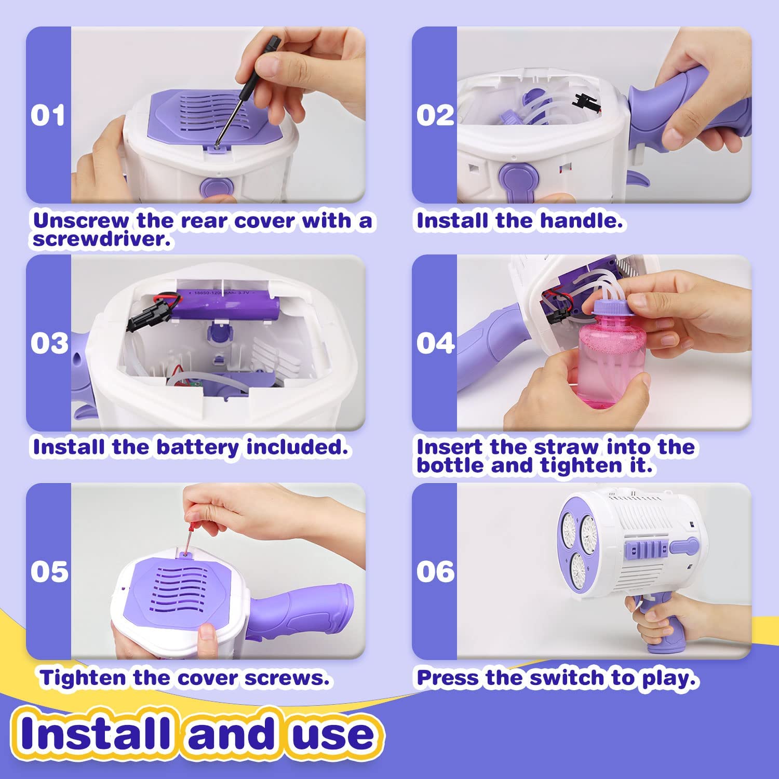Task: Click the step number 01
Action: click(48, 115)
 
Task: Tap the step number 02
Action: click(435, 115)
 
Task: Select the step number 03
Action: click(49, 343)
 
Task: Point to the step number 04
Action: click(435, 343)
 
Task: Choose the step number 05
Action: click(49, 572)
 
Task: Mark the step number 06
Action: click(435, 572)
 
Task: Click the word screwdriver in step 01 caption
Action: click(101, 239)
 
